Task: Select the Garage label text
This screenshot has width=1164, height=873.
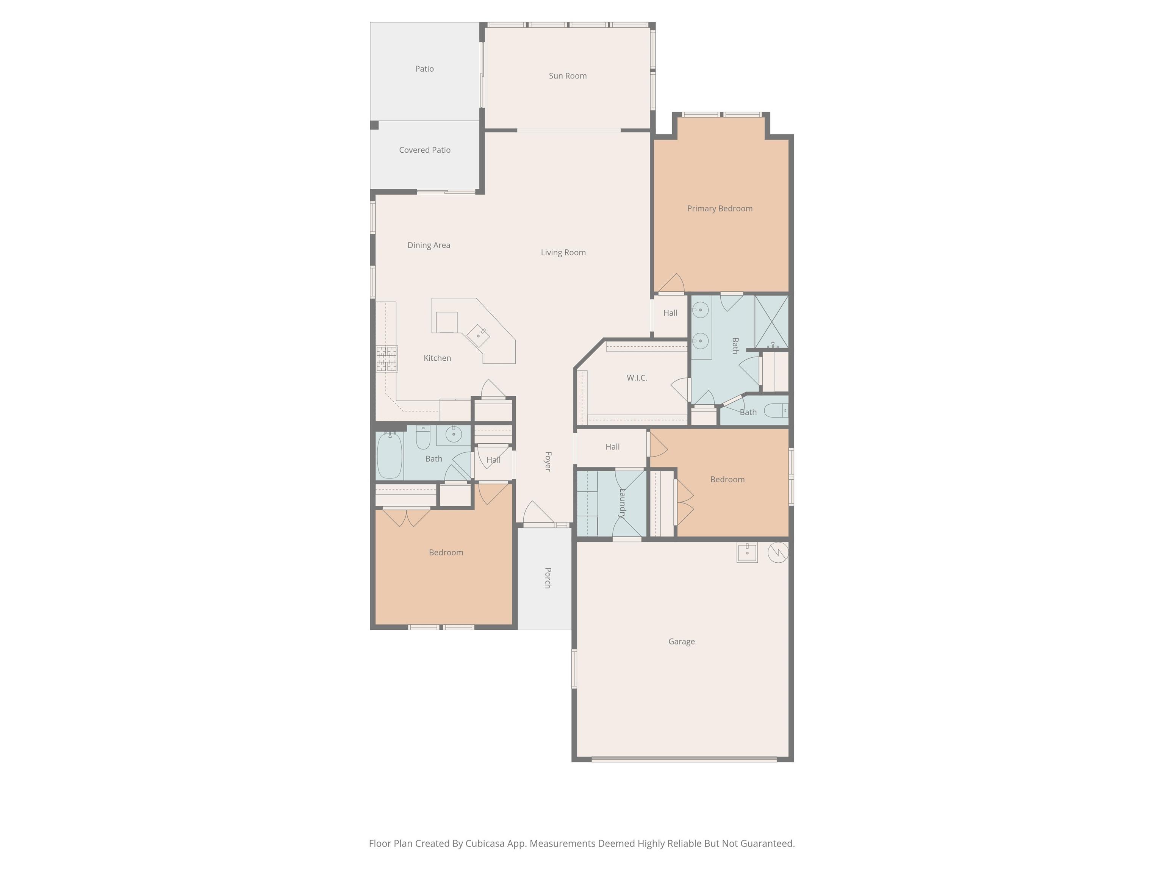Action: click(x=681, y=641)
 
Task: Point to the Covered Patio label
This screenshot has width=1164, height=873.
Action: click(x=425, y=150)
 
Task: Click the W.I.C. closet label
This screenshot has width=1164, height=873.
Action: click(x=637, y=378)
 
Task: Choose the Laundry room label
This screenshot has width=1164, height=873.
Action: click(x=623, y=504)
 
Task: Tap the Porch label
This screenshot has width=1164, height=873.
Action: click(x=548, y=578)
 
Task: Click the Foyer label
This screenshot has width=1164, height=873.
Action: click(x=548, y=462)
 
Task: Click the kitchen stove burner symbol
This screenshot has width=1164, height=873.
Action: click(x=387, y=359)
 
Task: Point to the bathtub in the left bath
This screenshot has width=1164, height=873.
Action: click(x=390, y=455)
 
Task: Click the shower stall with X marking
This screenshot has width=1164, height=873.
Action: click(x=771, y=322)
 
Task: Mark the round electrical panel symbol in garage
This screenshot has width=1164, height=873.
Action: click(x=778, y=552)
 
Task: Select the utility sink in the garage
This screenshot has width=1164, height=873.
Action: click(x=747, y=552)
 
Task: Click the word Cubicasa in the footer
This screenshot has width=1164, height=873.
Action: click(x=485, y=843)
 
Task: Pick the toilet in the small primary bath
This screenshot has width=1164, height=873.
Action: click(x=777, y=410)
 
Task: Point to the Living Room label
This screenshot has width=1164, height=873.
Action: click(x=563, y=253)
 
